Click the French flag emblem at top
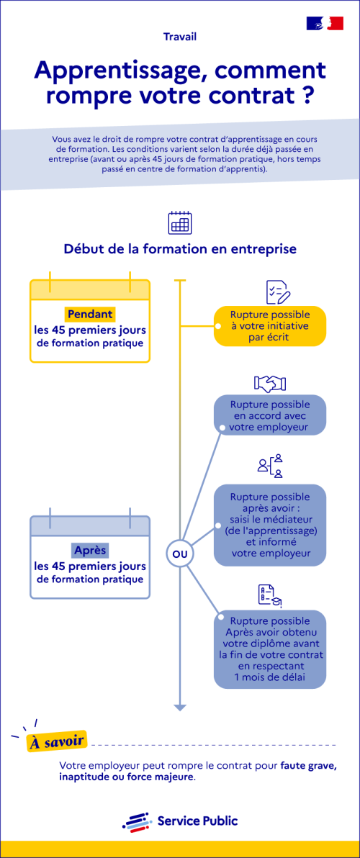click(x=325, y=23)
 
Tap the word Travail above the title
click(x=180, y=37)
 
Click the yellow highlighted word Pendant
click(x=90, y=315)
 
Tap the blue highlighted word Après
click(x=90, y=550)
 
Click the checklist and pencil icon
click(x=278, y=292)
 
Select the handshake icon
click(x=270, y=383)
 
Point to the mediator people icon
click(x=270, y=466)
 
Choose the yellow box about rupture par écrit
click(x=270, y=326)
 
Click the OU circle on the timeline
click(x=179, y=554)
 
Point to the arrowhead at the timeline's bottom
click(x=180, y=708)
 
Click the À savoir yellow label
click(x=57, y=742)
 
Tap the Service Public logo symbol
click(x=136, y=821)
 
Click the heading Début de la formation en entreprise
click(x=180, y=249)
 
